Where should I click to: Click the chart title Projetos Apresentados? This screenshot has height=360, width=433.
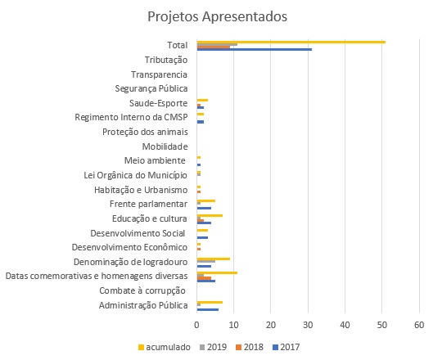pos(218,16)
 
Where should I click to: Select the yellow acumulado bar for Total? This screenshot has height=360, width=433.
pos(291,42)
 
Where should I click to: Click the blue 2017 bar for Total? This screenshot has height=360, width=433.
pos(255,49)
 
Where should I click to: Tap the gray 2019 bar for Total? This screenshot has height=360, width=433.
pos(217,44)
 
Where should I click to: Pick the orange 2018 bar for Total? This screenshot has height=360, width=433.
pos(213,47)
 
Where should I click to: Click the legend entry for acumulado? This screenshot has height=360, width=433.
pos(164,347)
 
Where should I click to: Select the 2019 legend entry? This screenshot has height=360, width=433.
pos(213,347)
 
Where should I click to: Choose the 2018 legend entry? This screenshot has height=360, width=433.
pos(250,347)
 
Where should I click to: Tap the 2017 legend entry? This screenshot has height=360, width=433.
pos(286,347)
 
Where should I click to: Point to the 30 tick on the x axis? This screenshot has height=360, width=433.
pos(308,325)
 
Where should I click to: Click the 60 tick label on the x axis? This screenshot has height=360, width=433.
pos(419,325)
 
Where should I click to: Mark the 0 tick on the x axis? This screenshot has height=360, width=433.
pos(196,325)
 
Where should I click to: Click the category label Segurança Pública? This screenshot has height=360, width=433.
pos(151,88)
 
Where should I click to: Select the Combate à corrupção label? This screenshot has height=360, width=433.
pos(142,290)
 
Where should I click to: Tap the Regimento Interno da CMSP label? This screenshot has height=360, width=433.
pos(131,117)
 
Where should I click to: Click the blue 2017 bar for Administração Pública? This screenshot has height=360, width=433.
pos(208,309)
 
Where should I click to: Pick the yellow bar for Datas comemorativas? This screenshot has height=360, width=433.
pos(217,273)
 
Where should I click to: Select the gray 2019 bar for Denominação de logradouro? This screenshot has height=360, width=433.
pos(206,261)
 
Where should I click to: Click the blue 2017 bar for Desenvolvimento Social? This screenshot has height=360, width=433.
pos(202,237)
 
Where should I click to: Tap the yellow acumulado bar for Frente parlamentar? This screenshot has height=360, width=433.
pos(206,201)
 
